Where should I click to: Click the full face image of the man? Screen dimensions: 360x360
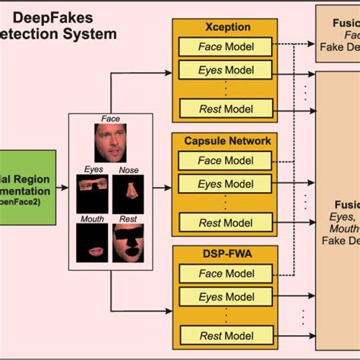point(111,143)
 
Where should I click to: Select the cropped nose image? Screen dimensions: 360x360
point(128,194)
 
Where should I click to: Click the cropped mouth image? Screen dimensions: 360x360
point(92,246)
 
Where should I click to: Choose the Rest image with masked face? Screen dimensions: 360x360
point(128,246)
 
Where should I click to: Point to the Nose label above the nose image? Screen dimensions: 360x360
point(128,171)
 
